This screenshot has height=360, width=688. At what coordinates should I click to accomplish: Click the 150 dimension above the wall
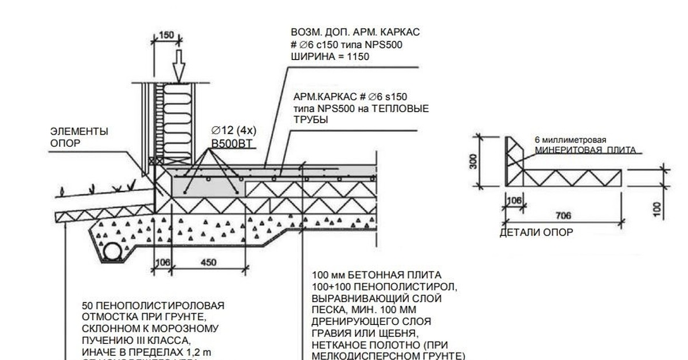click(x=166, y=35)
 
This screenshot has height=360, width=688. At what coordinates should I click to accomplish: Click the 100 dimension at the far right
click(x=657, y=208)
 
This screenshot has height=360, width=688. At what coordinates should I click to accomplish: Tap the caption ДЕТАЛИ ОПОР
click(x=536, y=232)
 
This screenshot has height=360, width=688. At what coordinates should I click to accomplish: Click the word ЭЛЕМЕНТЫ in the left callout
click(x=79, y=132)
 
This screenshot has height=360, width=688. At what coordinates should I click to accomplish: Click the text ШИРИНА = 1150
click(x=331, y=57)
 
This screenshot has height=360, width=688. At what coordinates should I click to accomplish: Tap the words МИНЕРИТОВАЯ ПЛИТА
click(x=585, y=150)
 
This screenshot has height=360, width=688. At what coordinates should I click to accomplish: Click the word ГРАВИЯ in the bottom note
click(x=330, y=332)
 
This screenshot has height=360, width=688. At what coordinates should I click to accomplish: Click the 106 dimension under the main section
click(x=163, y=263)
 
